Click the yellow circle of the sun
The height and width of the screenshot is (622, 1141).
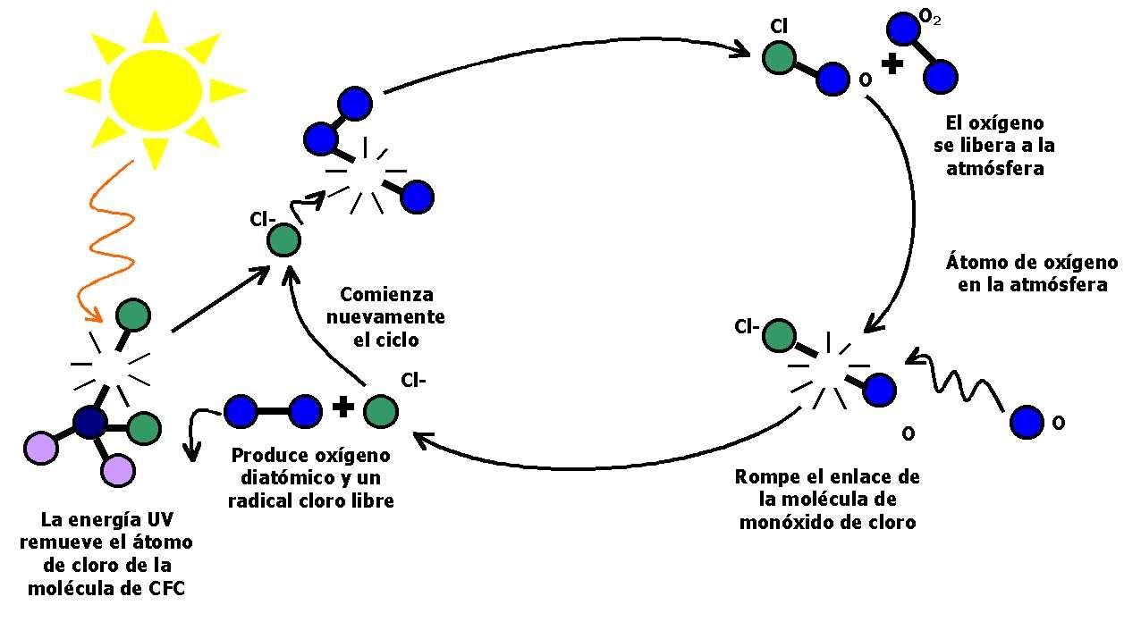coord(155,88)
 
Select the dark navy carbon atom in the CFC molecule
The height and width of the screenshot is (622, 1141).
coord(90,423)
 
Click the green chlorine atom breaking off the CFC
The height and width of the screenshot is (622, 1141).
coord(133,315)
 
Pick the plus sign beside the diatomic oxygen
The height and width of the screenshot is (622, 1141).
coord(342,408)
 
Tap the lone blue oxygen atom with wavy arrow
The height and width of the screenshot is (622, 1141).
coord(1027,423)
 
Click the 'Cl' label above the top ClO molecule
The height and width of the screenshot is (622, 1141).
coord(778,27)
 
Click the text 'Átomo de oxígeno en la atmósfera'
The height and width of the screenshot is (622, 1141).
coord(1031,273)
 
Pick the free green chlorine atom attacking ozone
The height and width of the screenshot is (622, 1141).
coord(284,240)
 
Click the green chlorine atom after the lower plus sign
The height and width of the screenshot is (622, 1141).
coord(381,412)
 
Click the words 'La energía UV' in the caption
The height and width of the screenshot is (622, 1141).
coord(108,520)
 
